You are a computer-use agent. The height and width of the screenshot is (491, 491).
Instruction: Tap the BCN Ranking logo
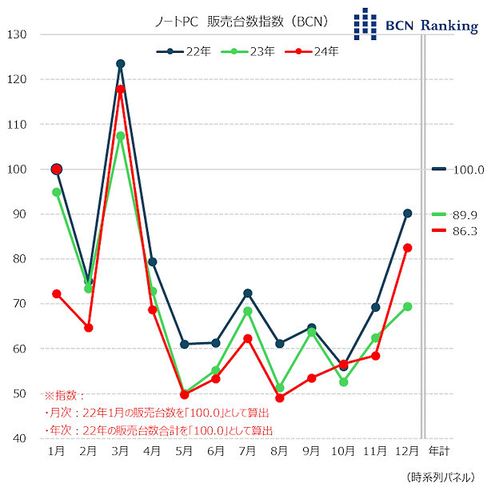(416, 24)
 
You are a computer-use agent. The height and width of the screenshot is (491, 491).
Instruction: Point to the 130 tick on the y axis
(18, 34)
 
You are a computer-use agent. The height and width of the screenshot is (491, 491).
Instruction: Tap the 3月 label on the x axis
(120, 452)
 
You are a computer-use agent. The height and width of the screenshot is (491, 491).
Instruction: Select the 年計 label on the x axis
(439, 452)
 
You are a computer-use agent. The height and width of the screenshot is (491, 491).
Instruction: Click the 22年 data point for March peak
(120, 64)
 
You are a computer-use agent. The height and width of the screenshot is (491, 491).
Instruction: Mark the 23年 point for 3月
(120, 136)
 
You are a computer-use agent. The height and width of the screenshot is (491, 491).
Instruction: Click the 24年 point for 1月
(56, 293)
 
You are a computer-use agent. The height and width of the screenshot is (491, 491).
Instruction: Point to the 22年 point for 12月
(407, 214)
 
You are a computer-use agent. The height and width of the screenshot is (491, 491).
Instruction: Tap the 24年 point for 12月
(407, 248)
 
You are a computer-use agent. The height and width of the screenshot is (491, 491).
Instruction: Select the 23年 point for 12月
(407, 306)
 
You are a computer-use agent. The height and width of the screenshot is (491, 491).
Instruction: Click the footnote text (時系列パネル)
(445, 477)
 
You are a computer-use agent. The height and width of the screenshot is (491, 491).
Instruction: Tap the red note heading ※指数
(63, 396)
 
